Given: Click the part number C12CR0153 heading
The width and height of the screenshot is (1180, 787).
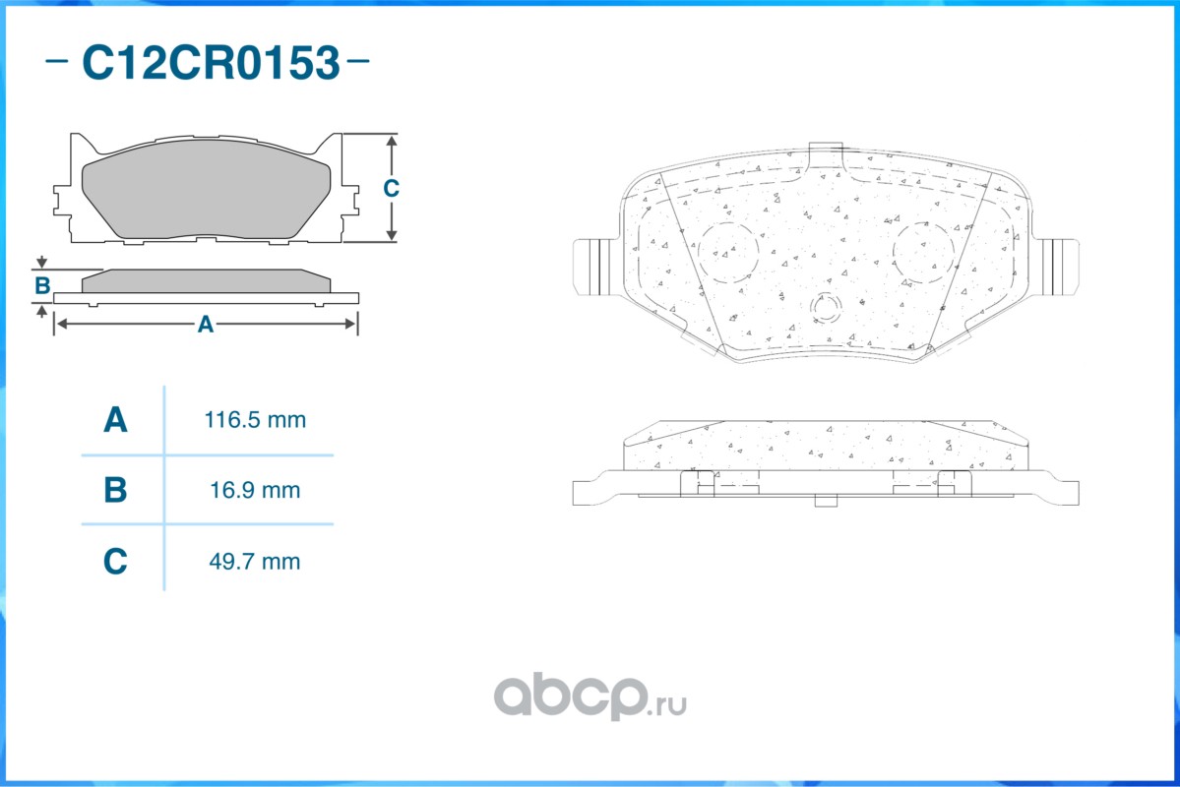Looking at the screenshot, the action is pyautogui.click(x=211, y=62).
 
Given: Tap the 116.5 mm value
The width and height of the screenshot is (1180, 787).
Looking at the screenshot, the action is pyautogui.click(x=255, y=420).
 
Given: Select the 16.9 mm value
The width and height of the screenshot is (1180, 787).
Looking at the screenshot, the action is pyautogui.click(x=255, y=490).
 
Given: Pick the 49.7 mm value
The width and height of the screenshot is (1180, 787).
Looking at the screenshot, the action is pyautogui.click(x=254, y=562).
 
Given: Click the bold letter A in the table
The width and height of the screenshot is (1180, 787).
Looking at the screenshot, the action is pyautogui.click(x=115, y=420).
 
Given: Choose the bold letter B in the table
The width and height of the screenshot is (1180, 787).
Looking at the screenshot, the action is pyautogui.click(x=115, y=490).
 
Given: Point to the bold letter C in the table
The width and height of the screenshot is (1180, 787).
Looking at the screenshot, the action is pyautogui.click(x=115, y=562).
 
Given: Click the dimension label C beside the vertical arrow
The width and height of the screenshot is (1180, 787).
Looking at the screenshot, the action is pyautogui.click(x=391, y=188).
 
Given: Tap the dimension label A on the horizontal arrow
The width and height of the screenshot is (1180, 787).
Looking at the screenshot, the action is pyautogui.click(x=206, y=325).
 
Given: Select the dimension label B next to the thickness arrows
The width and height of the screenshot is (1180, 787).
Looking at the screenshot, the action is pyautogui.click(x=42, y=286).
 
